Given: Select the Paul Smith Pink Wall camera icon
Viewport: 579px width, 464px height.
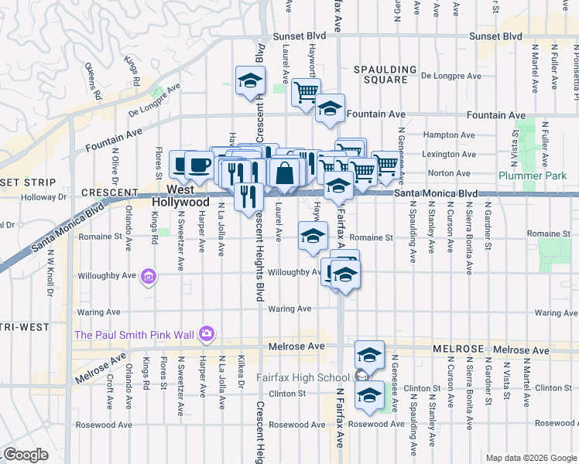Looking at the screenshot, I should (x=206, y=333).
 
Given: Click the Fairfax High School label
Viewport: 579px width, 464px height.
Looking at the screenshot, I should (x=303, y=377).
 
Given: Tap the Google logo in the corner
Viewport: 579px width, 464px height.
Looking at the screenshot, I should (x=26, y=454).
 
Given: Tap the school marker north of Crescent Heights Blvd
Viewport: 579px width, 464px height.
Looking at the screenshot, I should (x=250, y=81).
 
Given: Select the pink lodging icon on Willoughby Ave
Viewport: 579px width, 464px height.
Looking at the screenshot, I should (x=149, y=275).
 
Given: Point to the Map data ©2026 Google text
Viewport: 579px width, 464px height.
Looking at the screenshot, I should (x=530, y=458).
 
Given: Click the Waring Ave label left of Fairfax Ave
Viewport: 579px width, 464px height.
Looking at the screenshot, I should (x=289, y=309).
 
